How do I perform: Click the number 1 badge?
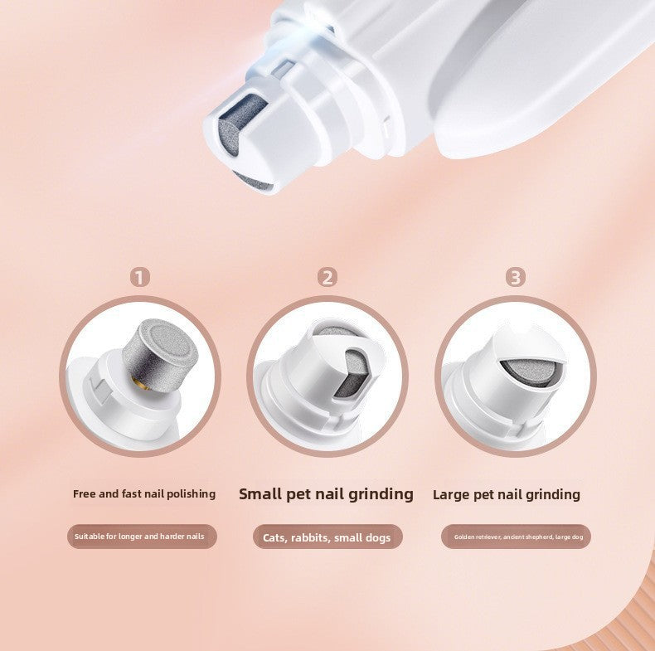pos(141,277)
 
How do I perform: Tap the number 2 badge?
pos(328,277)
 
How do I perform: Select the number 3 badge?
pos(517,277)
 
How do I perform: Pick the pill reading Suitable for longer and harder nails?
pos(141,537)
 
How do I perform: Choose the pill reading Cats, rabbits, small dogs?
pos(327,537)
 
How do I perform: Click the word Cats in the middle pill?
pos(275,537)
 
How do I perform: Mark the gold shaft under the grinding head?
pos(138,380)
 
